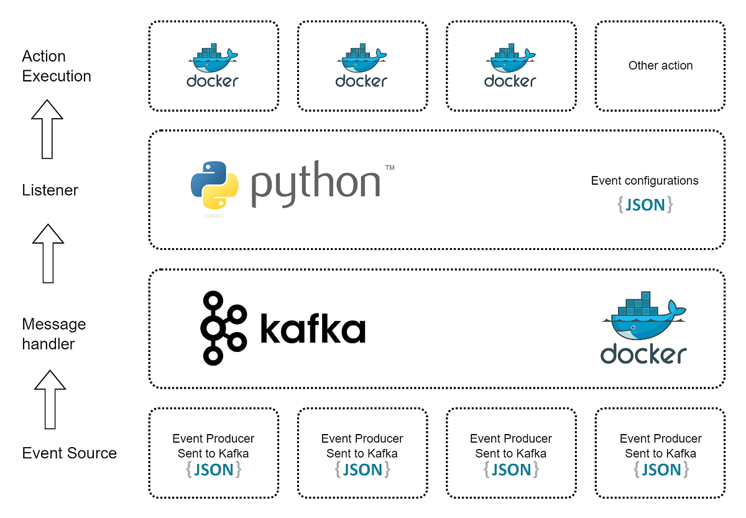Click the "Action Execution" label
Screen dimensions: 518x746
[x=56, y=66]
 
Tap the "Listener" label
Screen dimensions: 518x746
[x=50, y=190]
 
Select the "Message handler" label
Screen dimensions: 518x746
[x=53, y=334]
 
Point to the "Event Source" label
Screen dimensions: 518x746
[x=69, y=453]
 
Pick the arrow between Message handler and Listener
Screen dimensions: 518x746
[x=48, y=253]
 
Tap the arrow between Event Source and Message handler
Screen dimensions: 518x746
[x=50, y=399]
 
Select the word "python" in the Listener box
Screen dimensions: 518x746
[x=316, y=183]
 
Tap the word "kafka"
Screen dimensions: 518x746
[x=312, y=328]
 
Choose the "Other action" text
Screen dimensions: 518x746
[x=660, y=65]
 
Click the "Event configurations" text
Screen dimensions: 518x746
[x=645, y=181]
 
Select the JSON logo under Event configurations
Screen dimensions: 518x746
[x=645, y=205]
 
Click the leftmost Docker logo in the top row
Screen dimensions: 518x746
[x=213, y=65]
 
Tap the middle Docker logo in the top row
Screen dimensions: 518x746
[x=361, y=65]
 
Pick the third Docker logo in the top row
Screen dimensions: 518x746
[x=510, y=65]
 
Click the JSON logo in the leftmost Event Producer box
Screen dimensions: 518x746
[x=213, y=469]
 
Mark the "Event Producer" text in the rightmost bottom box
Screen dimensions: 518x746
[x=660, y=438]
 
